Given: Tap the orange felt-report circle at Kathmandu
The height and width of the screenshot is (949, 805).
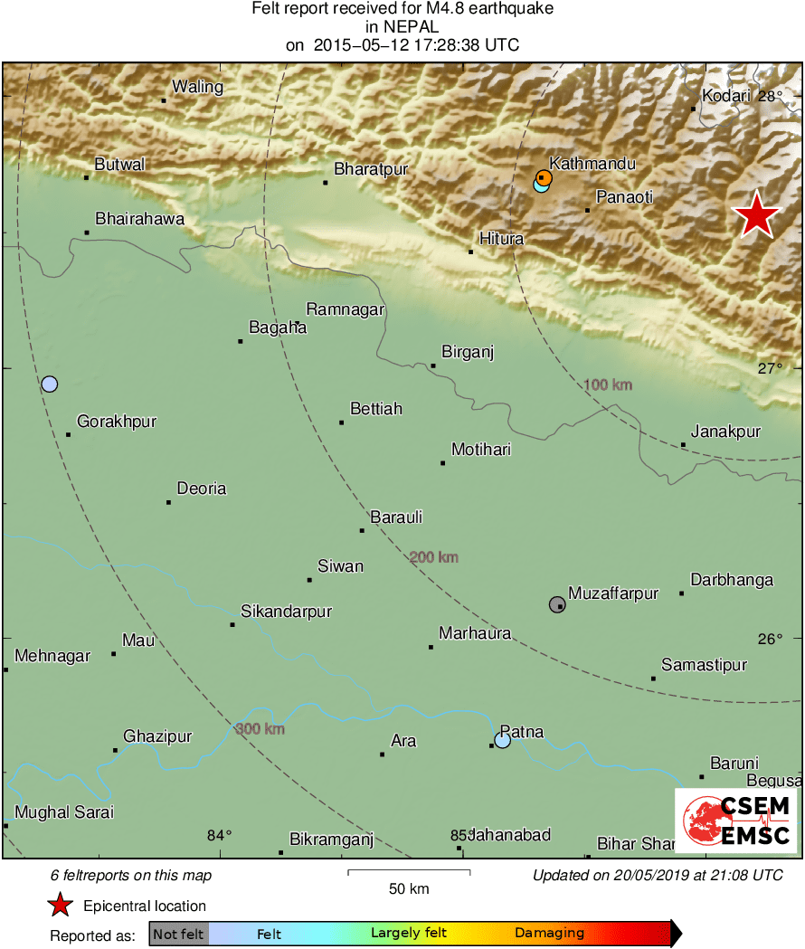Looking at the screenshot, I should coord(544,177).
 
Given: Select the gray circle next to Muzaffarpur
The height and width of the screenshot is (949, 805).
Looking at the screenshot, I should coord(557,604).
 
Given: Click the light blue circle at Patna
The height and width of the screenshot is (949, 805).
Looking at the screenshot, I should coord(503,741).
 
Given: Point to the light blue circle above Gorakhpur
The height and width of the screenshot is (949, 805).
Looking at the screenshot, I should coord(50,384).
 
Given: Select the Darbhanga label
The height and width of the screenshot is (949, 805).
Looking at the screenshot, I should coord(732,580).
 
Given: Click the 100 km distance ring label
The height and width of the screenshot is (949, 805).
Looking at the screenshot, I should coord(608,385).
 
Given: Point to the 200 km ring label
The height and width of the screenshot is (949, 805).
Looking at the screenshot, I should coord(434,557).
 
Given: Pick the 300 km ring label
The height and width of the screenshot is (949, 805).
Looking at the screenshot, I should coord(260,729).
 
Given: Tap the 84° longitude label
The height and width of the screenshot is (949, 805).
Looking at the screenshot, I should coord(220,835).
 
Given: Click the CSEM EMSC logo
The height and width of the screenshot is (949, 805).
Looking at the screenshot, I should coord(735,821).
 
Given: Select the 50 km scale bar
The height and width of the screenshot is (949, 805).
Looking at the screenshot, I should coord(409,872).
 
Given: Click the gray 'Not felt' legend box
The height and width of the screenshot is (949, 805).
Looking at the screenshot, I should coord(178,934).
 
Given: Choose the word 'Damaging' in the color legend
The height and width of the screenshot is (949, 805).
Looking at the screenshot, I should coord(549,934).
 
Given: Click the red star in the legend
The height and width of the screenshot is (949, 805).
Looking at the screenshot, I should coord(60,905).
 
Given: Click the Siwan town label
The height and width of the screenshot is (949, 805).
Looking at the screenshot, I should coord(340,566).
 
